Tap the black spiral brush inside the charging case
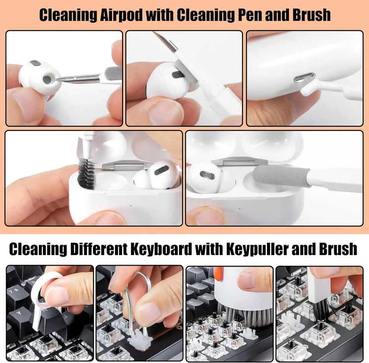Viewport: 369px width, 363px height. tap(86, 173)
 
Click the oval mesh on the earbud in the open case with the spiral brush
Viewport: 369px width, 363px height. tap(161, 170)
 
